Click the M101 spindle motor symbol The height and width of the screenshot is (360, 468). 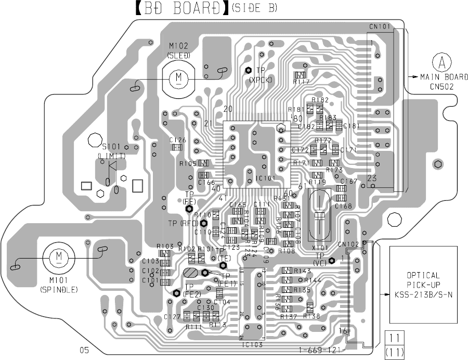[59, 256]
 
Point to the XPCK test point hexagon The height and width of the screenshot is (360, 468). [249, 70]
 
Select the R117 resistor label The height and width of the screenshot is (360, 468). [301, 82]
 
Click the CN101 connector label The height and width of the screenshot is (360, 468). [379, 27]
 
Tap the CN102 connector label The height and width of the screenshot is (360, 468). [347, 243]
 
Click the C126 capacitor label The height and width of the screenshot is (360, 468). [178, 140]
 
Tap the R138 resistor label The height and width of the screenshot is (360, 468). [311, 316]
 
